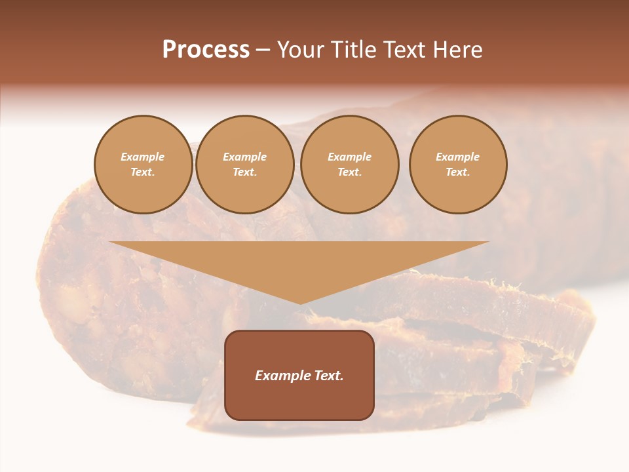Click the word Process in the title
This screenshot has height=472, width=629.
(206, 50)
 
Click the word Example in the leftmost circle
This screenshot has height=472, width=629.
(143, 157)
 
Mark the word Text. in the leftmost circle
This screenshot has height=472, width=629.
(143, 172)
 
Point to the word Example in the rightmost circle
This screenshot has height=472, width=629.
(458, 157)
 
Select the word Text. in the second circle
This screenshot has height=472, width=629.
(245, 172)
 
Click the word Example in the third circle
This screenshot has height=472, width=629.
(350, 157)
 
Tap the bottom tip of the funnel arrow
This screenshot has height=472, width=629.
(300, 303)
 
